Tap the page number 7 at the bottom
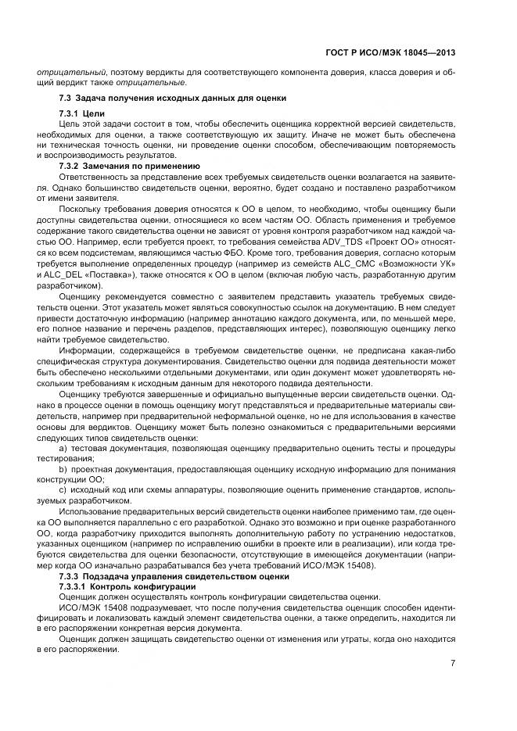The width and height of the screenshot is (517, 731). (453, 664)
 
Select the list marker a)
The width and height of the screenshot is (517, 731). (64, 449)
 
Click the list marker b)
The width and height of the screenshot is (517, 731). (64, 469)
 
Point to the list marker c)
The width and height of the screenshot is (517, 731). (64, 489)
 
